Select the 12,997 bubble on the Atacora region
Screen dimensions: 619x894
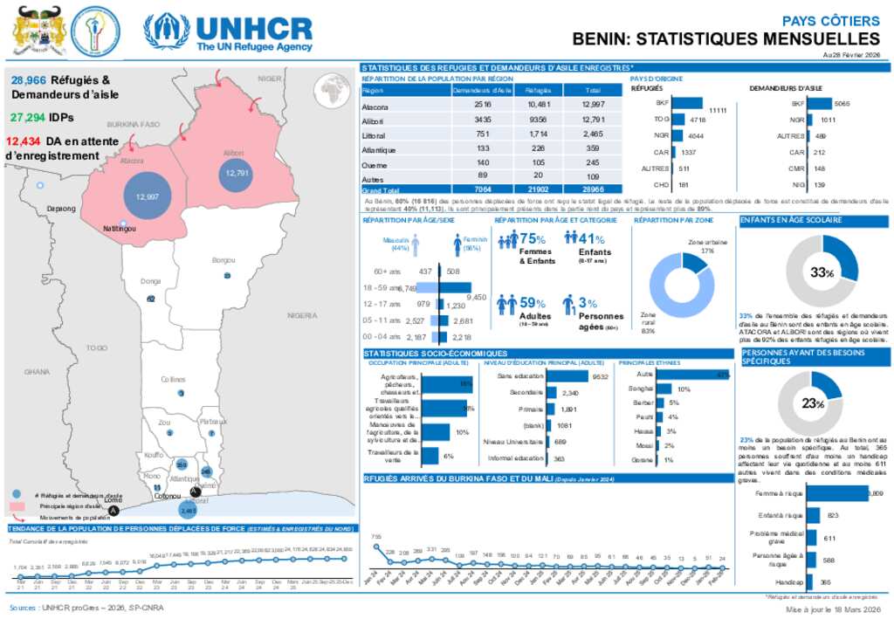tap(147, 196)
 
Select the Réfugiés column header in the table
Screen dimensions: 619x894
tap(538, 91)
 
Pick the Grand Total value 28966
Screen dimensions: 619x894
tap(592, 189)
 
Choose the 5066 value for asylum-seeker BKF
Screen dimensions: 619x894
tap(842, 102)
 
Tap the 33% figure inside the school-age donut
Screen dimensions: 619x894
tap(821, 272)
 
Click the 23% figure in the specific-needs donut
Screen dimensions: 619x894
tap(814, 402)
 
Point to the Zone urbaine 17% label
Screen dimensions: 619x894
tap(706, 245)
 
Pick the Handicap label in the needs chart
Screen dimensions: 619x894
tap(788, 581)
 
